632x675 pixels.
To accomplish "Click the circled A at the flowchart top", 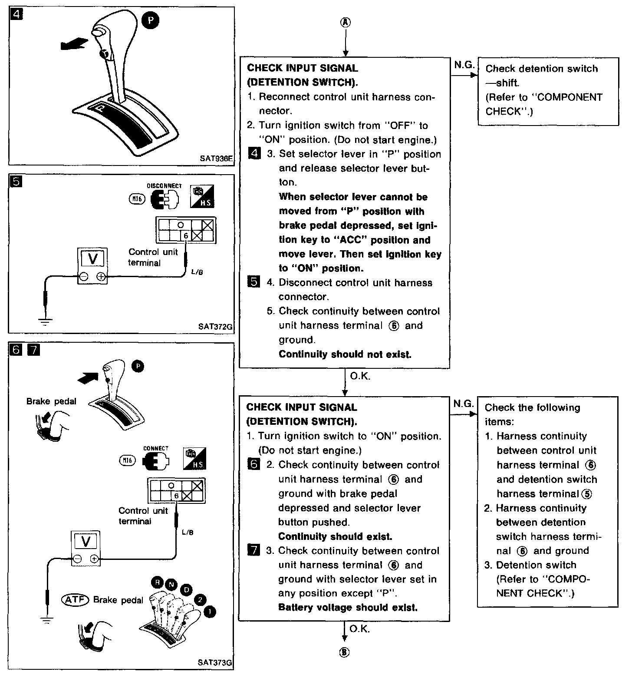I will [346, 23].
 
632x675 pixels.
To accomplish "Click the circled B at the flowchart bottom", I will [345, 652].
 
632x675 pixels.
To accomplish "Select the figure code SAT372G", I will [215, 326].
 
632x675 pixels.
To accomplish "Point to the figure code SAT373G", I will [215, 663].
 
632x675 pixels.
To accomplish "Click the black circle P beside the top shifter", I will [151, 21].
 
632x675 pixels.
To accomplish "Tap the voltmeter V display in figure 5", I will [93, 259].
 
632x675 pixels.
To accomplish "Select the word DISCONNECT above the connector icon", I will [164, 186].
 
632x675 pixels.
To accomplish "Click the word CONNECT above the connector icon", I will [156, 449].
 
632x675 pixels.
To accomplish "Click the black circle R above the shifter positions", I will [157, 582].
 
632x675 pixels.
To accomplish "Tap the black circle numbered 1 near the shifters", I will [210, 612].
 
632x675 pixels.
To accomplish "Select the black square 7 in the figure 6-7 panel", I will [33, 350].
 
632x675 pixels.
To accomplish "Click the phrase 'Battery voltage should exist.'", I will [348, 607].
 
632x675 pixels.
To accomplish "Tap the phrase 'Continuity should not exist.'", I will [345, 354].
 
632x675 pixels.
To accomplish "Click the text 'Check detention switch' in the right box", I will [541, 69].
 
